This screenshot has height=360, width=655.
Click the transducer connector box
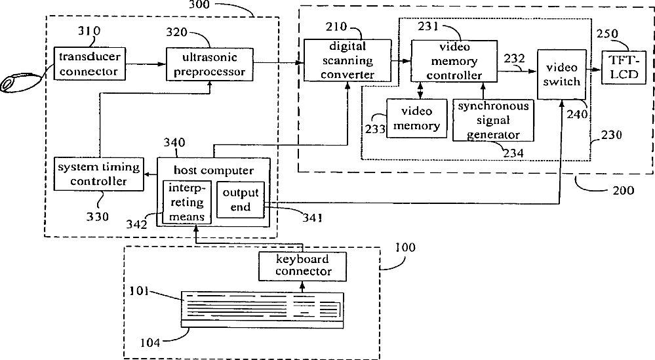[90, 64]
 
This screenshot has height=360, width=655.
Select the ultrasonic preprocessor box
[210, 64]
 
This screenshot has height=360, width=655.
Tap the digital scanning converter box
[347, 60]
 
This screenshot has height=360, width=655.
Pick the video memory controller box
[454, 61]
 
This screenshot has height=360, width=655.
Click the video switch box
[561, 74]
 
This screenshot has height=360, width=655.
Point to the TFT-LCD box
[624, 68]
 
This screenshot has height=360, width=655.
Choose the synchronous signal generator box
[493, 120]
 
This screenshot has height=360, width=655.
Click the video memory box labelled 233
[416, 118]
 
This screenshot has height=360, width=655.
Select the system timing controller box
[98, 174]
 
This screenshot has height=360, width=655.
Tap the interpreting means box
[187, 202]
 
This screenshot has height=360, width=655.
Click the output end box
[241, 199]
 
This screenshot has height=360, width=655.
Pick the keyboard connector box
[302, 266]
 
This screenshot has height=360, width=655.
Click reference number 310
[89, 31]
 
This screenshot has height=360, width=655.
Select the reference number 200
[624, 190]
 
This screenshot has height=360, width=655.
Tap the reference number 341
[312, 217]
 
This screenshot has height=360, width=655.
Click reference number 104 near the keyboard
[150, 343]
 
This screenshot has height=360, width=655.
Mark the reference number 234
[513, 153]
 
